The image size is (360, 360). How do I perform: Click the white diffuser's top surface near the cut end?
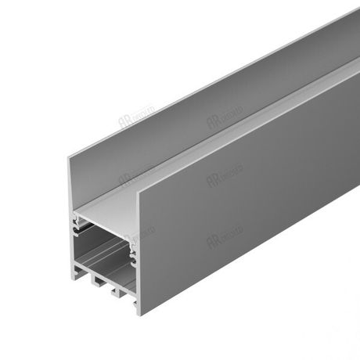(117, 200)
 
